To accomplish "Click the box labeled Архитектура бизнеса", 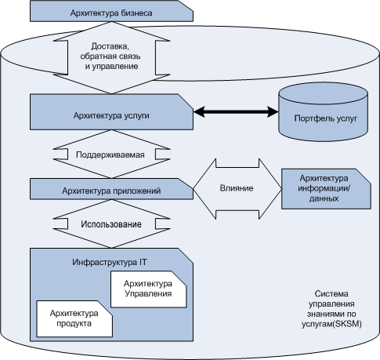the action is [x=111, y=12].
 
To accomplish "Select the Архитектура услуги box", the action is [x=111, y=112].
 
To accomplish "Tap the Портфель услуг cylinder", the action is [x=324, y=112].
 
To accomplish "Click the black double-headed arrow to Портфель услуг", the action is [x=236, y=112].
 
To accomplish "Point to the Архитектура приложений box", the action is [x=111, y=189].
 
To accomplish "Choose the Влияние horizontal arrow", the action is [x=237, y=188].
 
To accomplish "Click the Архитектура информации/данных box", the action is [x=326, y=189].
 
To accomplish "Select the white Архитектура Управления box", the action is [x=148, y=289].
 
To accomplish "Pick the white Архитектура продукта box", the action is [x=74, y=318].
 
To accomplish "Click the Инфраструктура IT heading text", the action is [x=110, y=262].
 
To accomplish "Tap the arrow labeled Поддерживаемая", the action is [x=111, y=155].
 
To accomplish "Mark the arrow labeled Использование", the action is [x=111, y=224].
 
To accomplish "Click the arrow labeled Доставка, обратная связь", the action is [x=111, y=57].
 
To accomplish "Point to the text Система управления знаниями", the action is [x=331, y=304].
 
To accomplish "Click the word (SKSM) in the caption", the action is [x=348, y=324].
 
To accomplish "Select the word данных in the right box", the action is [x=324, y=198].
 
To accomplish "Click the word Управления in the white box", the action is [x=148, y=294].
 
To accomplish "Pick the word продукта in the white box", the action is [x=74, y=324].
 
